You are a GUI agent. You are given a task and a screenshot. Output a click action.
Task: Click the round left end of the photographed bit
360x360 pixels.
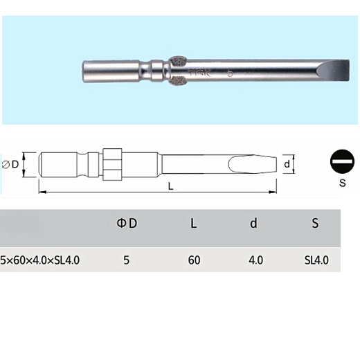(87, 70)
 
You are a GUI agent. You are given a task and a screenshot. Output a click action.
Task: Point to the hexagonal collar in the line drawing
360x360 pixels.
(112, 165)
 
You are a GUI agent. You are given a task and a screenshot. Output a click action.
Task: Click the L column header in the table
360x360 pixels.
(193, 224)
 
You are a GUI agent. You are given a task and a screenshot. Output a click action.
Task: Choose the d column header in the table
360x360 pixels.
(254, 224)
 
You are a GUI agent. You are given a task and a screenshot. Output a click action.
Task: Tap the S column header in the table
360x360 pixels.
(315, 224)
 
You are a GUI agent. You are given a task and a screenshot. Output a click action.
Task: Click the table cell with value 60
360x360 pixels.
(194, 260)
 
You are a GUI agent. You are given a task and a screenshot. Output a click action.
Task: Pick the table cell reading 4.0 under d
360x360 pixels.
(255, 260)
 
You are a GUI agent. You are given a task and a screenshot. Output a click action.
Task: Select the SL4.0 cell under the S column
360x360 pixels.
(316, 260)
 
